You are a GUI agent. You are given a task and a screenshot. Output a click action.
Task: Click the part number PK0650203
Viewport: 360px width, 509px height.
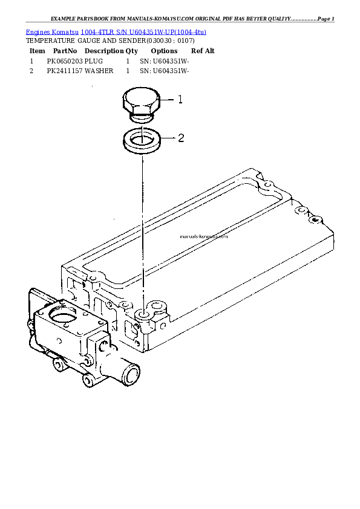click(65, 62)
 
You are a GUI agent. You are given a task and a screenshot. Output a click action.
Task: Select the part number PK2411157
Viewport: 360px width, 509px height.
click(65, 71)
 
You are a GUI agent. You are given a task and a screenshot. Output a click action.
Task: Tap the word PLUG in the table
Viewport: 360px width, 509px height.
click(94, 62)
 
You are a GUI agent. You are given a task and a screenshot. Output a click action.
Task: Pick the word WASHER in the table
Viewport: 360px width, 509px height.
click(99, 71)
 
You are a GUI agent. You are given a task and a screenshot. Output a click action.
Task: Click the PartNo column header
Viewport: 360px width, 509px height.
click(64, 51)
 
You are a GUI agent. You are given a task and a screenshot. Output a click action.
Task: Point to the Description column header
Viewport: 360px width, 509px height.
click(104, 51)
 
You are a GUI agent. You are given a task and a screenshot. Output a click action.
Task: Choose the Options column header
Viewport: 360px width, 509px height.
click(164, 51)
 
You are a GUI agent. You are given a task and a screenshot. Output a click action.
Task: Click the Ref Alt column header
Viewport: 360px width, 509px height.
click(203, 51)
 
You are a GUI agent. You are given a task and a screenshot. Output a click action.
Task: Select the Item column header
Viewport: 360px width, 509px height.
click(37, 51)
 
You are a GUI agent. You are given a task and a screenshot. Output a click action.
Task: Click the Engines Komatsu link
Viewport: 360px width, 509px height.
click(52, 31)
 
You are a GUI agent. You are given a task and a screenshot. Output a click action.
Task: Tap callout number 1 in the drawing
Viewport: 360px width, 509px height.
click(180, 100)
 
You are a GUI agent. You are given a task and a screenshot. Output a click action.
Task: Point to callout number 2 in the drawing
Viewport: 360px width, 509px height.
click(180, 138)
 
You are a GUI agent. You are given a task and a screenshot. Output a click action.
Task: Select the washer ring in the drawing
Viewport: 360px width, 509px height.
click(142, 141)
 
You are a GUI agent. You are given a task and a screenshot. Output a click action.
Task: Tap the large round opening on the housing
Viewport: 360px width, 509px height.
click(62, 315)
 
